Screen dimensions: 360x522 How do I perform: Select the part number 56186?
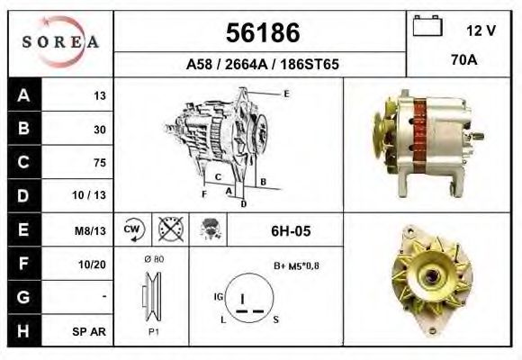click(262, 33)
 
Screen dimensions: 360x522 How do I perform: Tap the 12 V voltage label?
click(481, 31)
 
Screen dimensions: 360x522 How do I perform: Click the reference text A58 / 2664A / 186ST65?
click(262, 65)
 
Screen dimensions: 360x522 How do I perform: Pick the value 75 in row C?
click(99, 163)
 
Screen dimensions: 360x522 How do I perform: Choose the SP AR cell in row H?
click(93, 331)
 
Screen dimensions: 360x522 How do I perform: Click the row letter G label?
click(22, 297)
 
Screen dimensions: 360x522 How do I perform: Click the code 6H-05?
click(291, 231)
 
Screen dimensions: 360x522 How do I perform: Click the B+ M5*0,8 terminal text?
click(296, 265)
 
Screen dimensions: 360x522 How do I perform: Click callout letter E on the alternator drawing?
click(285, 94)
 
